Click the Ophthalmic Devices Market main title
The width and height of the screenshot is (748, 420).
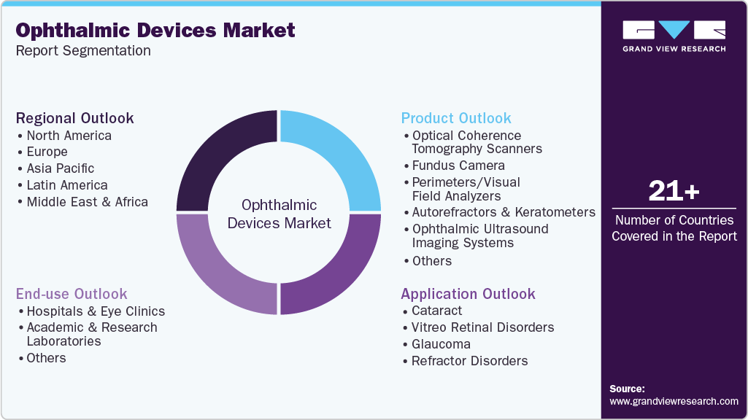click(155, 30)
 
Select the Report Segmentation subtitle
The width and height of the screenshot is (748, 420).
click(83, 50)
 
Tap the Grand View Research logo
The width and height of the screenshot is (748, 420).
click(674, 36)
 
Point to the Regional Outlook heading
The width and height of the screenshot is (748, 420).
click(75, 118)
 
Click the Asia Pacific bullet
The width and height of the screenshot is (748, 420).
click(61, 168)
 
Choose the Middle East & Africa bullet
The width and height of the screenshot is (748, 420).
click(87, 202)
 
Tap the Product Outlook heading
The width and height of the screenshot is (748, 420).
click(456, 118)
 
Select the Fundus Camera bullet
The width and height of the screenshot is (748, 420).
click(458, 166)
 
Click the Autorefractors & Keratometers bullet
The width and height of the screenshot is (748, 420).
click(504, 212)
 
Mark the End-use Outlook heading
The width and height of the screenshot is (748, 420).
click(72, 294)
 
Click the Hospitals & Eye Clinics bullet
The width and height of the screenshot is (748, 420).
click(96, 311)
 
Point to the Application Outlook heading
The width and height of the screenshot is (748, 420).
click(468, 294)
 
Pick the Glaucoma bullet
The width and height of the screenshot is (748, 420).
click(441, 344)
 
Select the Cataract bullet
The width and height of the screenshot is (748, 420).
click(436, 311)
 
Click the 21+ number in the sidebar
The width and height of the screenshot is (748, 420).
click(674, 192)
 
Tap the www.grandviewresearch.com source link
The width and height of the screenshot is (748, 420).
click(674, 401)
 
